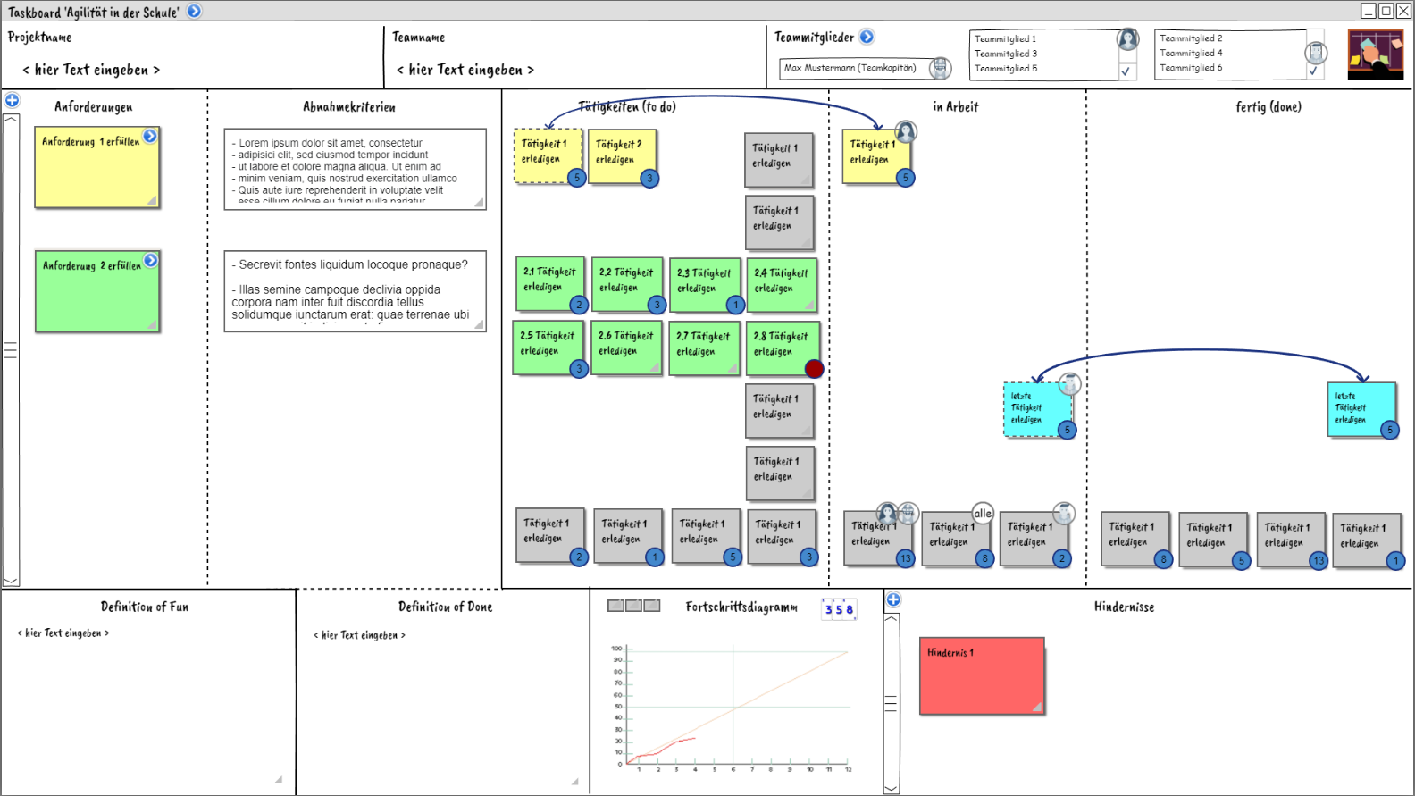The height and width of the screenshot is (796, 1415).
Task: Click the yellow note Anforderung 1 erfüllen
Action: (x=96, y=167)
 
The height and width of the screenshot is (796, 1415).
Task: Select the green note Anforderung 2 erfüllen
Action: (x=96, y=291)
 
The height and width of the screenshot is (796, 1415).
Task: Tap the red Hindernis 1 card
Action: (x=981, y=675)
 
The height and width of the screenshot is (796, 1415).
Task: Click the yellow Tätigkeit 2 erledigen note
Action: (x=620, y=157)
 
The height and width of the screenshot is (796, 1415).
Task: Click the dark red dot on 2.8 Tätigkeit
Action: (x=814, y=369)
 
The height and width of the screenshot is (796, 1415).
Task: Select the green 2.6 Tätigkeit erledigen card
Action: (x=625, y=348)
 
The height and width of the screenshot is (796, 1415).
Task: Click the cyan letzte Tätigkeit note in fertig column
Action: (x=1360, y=409)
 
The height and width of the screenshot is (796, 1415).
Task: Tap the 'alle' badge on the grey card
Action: (x=983, y=513)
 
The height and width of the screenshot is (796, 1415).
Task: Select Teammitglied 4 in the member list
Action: (x=1191, y=53)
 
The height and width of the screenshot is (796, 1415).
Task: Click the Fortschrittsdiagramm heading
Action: (x=741, y=607)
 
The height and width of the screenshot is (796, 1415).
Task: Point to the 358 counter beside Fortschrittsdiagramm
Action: (x=839, y=609)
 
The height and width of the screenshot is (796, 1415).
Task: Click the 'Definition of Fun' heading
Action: (x=145, y=607)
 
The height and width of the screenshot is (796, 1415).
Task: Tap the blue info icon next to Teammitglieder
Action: (x=867, y=37)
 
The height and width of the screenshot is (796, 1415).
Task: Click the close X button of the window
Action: (x=1403, y=11)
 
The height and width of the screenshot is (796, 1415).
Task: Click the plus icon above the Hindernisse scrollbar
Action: (x=893, y=599)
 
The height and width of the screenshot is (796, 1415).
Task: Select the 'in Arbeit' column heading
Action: (x=956, y=107)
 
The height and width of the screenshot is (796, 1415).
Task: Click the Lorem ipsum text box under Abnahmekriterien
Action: (x=355, y=169)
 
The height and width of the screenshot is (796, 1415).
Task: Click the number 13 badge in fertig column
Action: (x=1319, y=560)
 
